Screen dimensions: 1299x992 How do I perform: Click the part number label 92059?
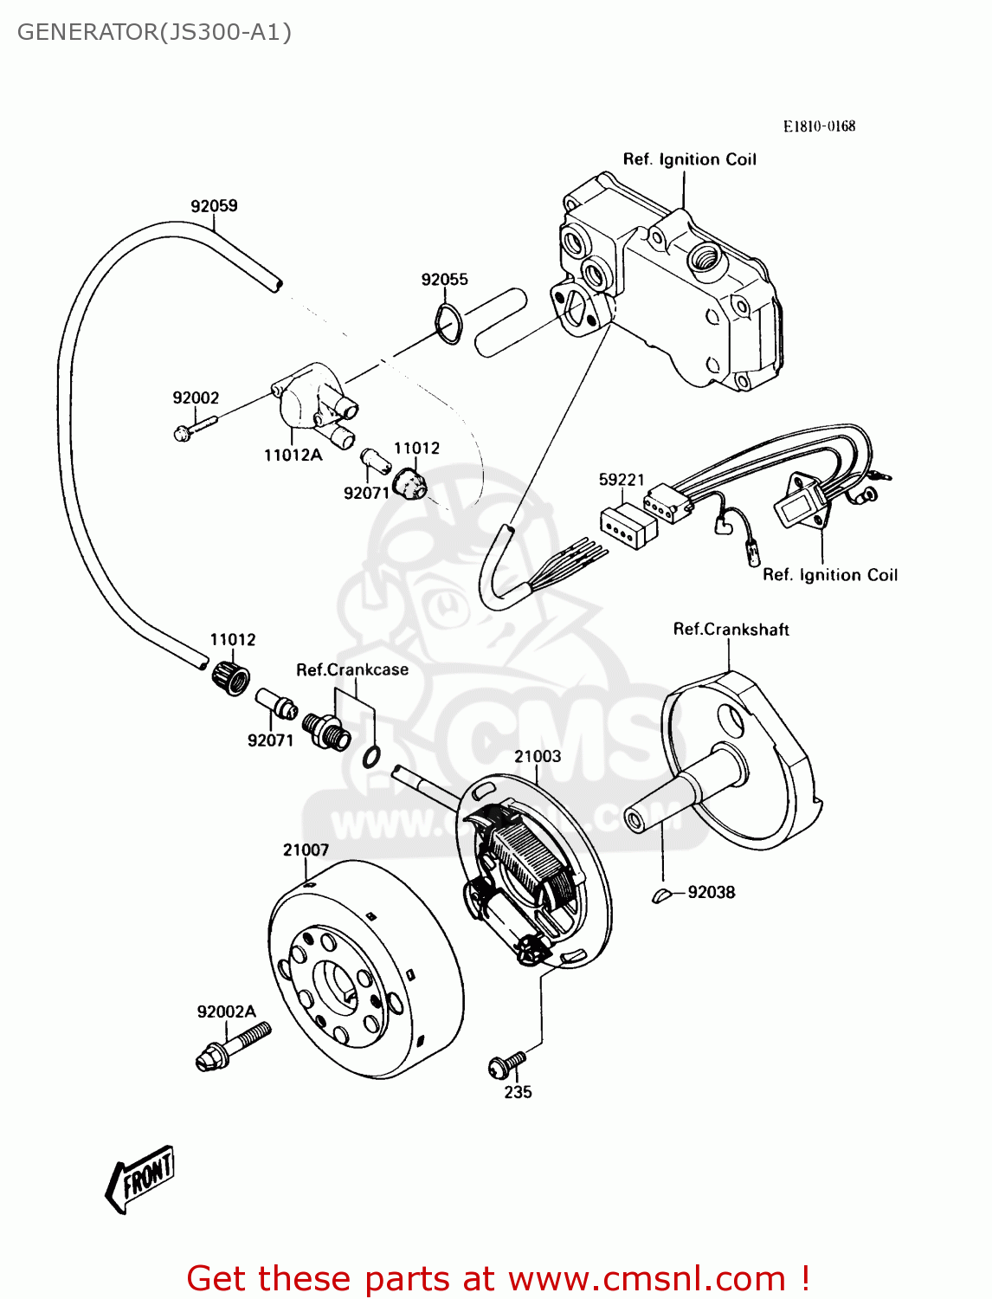(214, 206)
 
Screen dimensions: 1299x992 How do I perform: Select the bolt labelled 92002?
(195, 428)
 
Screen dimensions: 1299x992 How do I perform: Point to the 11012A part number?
(293, 456)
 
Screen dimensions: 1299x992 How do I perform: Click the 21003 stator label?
(538, 756)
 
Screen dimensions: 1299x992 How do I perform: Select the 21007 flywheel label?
(306, 850)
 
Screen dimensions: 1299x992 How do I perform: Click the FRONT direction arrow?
(140, 1178)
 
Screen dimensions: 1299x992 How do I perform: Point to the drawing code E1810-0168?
(819, 126)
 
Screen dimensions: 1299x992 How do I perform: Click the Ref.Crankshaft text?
(731, 630)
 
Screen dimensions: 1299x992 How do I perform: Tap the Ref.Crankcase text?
(351, 669)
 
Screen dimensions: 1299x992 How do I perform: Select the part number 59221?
(622, 480)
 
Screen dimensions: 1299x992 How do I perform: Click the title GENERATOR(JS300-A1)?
(154, 32)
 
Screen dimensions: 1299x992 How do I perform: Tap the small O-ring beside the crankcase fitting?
(370, 758)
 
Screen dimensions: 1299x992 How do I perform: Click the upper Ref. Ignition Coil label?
(689, 159)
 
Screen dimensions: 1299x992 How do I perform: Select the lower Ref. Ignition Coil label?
(829, 575)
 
